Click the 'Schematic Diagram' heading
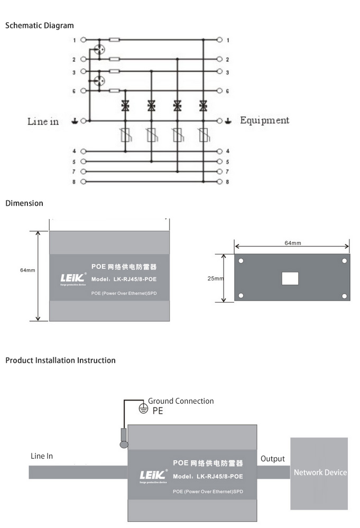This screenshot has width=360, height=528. coord(39,25)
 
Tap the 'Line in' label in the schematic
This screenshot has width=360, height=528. coord(43,122)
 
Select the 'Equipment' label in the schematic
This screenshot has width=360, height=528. coord(264,120)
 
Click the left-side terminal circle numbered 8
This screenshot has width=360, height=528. coord(83,182)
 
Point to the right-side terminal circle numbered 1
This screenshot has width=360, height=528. coord(220,40)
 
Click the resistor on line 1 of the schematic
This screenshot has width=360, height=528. coord(114,40)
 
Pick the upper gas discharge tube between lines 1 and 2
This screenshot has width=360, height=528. coord(98,49)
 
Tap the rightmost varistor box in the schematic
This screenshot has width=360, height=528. coord(202,136)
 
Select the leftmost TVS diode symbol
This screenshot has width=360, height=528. coord(125,106)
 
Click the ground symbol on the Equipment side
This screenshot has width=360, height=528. coord(228,121)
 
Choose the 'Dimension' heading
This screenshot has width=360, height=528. coord(24,203)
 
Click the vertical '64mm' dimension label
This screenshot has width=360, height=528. coord(27,270)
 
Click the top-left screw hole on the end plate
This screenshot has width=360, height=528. coord(241,261)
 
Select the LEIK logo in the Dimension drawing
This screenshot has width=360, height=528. coord(71,277)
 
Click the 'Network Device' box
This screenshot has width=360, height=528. coord(320,472)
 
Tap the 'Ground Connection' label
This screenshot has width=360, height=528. coord(181,401)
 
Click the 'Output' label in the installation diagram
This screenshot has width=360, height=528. coord(272,459)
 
